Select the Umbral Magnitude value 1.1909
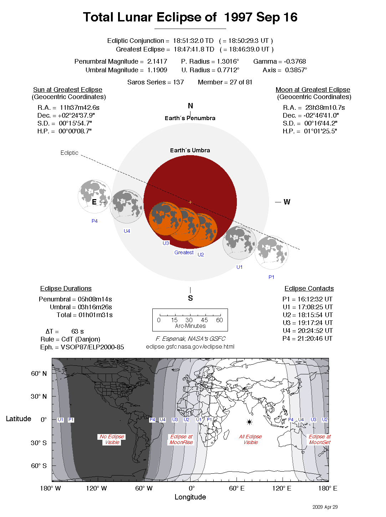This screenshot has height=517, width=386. (157, 70)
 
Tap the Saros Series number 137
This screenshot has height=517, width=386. (178, 82)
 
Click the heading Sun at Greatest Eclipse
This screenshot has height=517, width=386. (68, 90)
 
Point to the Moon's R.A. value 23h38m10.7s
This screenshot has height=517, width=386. (325, 108)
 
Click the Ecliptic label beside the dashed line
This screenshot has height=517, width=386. (69, 153)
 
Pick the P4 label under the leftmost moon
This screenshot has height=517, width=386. (95, 221)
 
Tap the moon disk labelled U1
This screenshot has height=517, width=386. (239, 242)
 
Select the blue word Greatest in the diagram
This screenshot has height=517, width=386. (184, 252)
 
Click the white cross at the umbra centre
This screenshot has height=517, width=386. (190, 202)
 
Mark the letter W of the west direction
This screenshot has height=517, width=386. (287, 202)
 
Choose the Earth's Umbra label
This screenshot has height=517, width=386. (190, 151)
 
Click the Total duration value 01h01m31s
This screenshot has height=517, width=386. (96, 315)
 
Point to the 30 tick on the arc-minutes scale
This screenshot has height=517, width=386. (189, 320)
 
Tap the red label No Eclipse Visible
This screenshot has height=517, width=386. (112, 439)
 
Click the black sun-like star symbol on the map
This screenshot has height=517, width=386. (249, 422)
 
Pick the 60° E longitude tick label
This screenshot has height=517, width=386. (237, 488)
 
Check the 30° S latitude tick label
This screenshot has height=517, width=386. (39, 443)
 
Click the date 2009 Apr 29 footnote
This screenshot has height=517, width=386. (325, 507)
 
